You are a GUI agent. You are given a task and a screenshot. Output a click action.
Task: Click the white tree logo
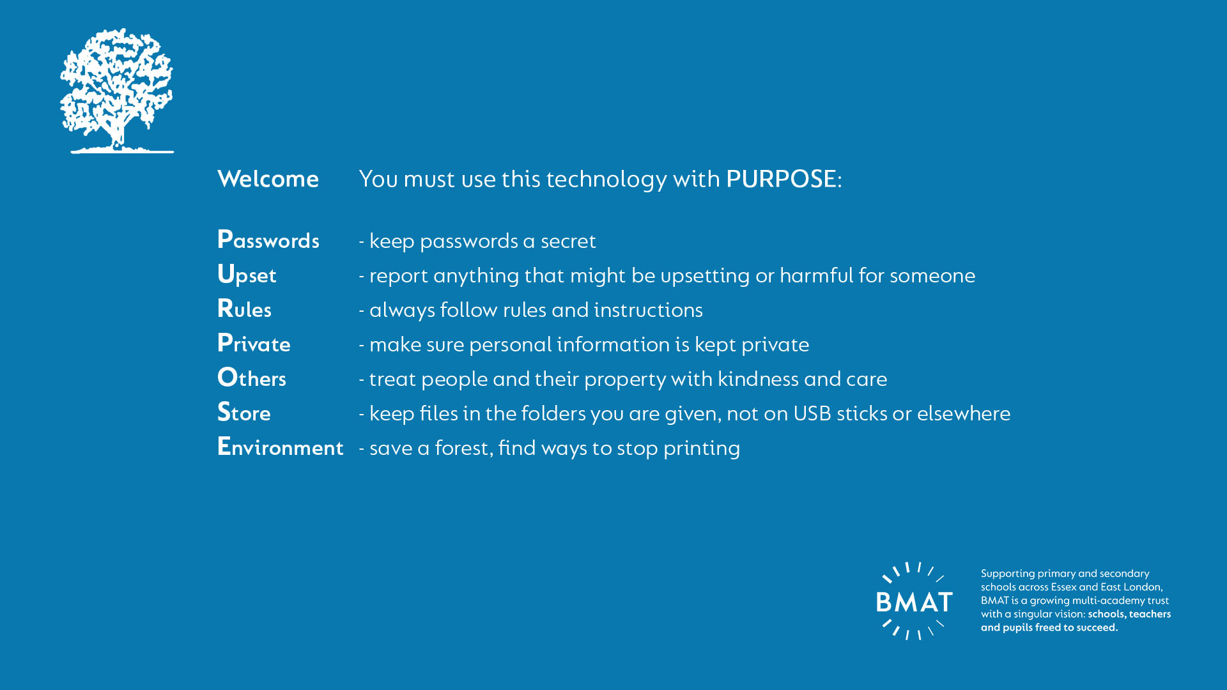click(117, 91)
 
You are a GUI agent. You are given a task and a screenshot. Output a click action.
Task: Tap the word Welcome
click(268, 179)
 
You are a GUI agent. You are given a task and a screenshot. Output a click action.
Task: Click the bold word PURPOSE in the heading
click(781, 179)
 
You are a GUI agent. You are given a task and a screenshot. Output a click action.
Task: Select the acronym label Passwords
click(268, 240)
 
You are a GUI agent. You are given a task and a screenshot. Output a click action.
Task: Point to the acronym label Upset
click(247, 275)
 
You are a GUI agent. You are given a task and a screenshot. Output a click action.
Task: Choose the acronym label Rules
click(244, 309)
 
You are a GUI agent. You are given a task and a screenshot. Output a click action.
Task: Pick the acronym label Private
click(254, 344)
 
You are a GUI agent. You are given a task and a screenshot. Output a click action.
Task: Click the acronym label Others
click(252, 378)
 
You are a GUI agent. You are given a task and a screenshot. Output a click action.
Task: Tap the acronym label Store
click(243, 412)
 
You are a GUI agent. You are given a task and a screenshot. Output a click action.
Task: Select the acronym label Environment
click(281, 447)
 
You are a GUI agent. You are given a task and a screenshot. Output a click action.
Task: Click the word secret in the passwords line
click(568, 241)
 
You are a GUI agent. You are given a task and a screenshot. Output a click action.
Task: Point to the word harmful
click(816, 275)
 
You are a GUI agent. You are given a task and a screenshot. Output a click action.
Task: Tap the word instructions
click(648, 309)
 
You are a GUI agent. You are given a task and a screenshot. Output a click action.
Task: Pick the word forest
click(464, 447)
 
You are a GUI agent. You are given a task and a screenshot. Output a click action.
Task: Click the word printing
click(702, 448)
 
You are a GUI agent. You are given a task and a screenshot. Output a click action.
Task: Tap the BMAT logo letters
click(914, 602)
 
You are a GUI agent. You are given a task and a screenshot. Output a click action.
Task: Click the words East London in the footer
click(1131, 587)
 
